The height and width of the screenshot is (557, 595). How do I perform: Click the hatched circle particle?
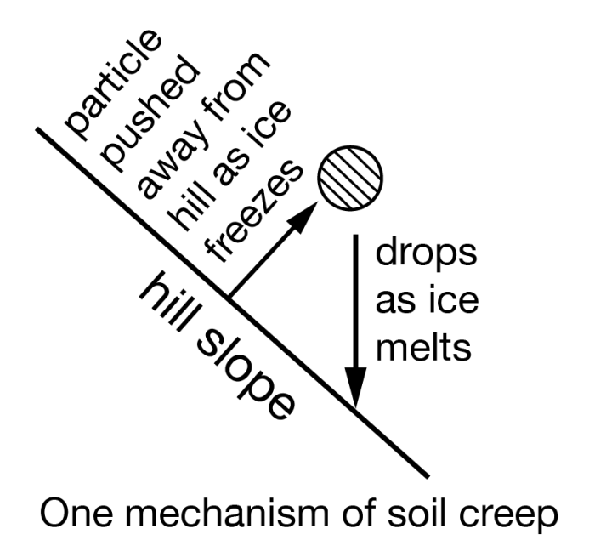point(350,178)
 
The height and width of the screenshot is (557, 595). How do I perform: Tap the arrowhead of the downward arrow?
point(355,387)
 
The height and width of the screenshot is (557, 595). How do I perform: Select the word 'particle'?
point(113,84)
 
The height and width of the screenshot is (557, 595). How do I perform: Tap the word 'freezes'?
point(254,211)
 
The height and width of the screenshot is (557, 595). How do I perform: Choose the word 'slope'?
point(246,374)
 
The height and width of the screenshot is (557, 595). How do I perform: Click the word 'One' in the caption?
point(76,513)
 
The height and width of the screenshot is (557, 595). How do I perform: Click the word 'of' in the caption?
point(359,512)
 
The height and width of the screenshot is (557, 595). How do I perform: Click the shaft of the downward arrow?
point(355,301)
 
